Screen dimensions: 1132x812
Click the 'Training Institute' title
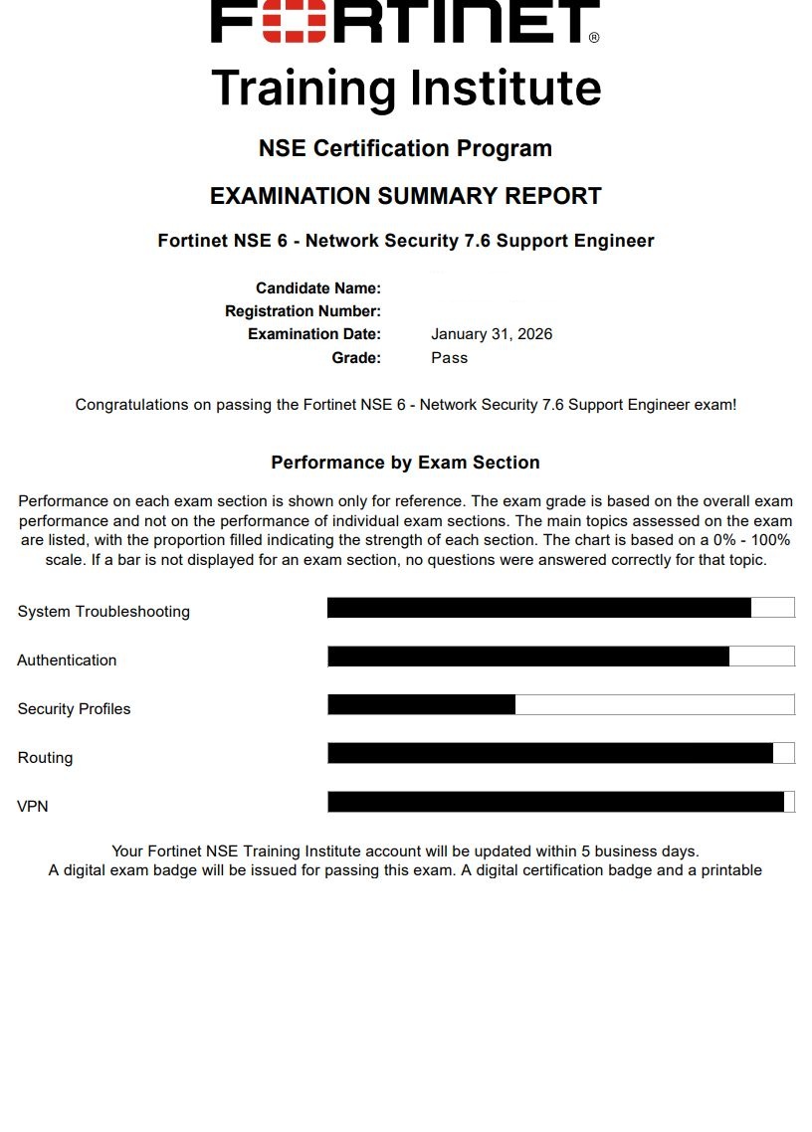tap(406, 88)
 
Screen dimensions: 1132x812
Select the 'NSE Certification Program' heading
tap(405, 148)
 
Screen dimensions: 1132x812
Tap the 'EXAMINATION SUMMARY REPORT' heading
tap(405, 196)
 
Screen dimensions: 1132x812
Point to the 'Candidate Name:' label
tap(318, 288)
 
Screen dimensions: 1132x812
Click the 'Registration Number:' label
tap(303, 311)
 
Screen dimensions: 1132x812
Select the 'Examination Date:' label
tap(314, 334)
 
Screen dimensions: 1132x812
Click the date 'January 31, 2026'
tap(492, 334)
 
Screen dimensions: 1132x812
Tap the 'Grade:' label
tap(356, 357)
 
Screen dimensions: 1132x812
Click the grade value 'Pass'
tap(449, 357)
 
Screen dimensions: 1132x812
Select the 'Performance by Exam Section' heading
tap(405, 463)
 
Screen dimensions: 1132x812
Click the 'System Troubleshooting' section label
tap(103, 612)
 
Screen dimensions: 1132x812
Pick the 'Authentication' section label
tap(67, 660)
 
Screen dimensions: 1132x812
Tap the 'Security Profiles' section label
tap(74, 709)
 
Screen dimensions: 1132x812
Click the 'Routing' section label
tap(45, 758)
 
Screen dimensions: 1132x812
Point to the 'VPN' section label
tap(33, 807)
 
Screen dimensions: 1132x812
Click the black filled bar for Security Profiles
tap(422, 704)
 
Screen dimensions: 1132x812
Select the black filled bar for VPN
tap(555, 802)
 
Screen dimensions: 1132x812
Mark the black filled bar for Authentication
tap(528, 656)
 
